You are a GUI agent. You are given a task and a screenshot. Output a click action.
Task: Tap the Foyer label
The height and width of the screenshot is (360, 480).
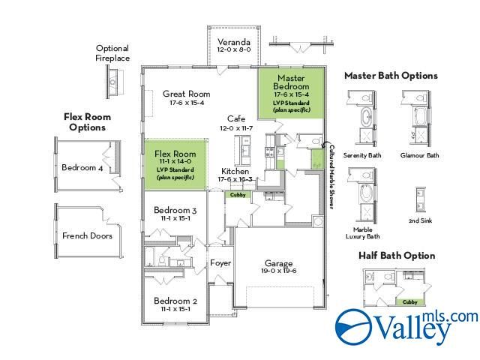click(220, 263)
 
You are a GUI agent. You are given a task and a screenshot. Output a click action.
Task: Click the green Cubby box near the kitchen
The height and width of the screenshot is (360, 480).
click(238, 194)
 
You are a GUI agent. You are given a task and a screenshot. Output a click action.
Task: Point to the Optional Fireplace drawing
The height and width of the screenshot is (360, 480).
click(115, 79)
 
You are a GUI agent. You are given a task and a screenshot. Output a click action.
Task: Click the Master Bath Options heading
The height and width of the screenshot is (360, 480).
click(391, 76)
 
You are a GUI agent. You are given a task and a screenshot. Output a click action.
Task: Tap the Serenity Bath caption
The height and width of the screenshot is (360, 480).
click(362, 155)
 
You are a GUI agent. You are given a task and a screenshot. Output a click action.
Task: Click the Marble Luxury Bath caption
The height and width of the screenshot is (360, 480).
click(362, 233)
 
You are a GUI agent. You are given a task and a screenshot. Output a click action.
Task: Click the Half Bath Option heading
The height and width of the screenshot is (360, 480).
click(397, 256)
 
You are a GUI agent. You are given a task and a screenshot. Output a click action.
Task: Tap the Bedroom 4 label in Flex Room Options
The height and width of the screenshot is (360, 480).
click(83, 167)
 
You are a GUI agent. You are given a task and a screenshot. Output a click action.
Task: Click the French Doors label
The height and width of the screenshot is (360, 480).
click(87, 235)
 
